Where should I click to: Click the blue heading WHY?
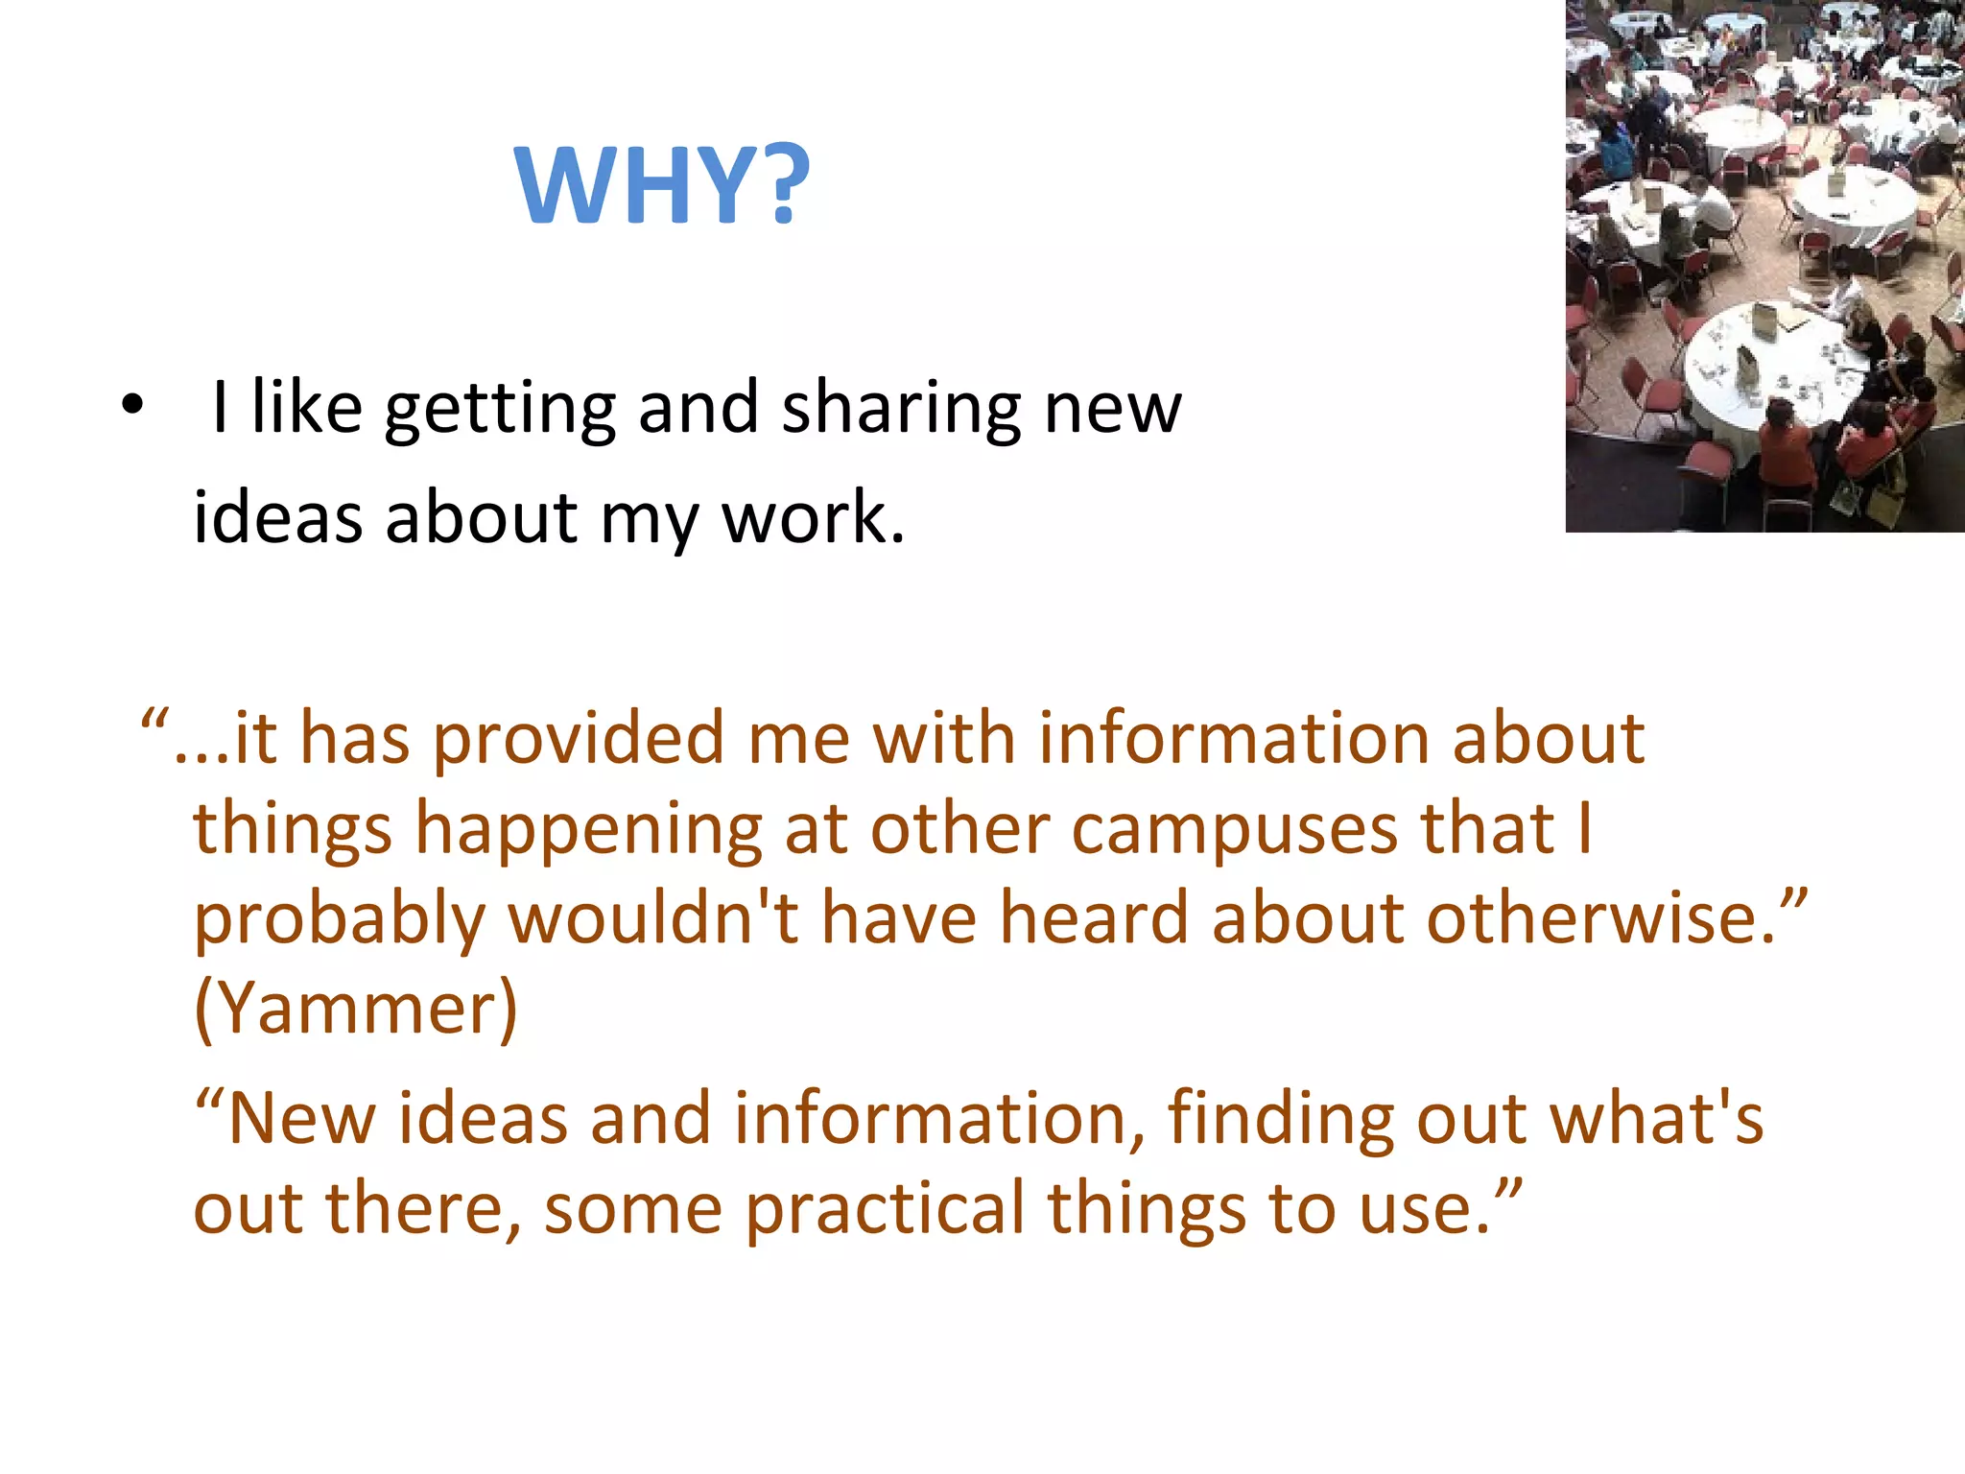pyautogui.click(x=662, y=184)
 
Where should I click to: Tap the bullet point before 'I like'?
pyautogui.click(x=132, y=407)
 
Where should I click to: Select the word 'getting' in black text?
pyautogui.click(x=500, y=409)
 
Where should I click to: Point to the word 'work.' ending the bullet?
pyautogui.click(x=813, y=518)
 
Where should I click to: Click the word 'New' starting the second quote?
pyautogui.click(x=301, y=1119)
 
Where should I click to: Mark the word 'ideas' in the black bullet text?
pyautogui.click(x=278, y=518)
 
